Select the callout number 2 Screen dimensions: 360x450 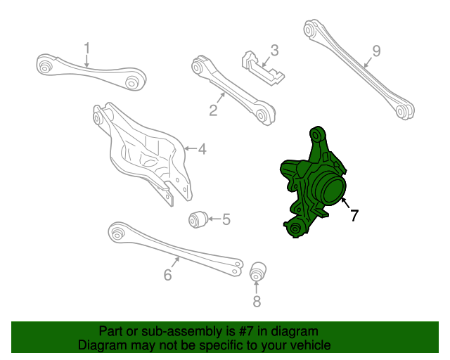212,109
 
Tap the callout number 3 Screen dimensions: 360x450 274,51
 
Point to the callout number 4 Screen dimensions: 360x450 202,149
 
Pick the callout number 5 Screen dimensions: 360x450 226,219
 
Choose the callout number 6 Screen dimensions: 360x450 167,275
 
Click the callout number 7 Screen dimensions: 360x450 354,215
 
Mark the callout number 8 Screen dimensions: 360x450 257,302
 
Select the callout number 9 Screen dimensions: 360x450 376,51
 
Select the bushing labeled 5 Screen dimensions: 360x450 196,219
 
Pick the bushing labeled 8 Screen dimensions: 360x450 257,269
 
